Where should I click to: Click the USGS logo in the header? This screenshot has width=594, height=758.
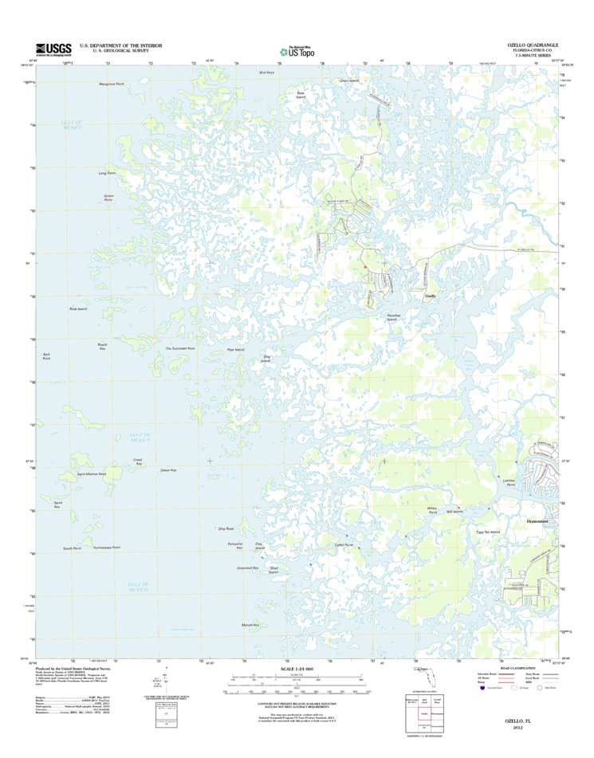pos(53,49)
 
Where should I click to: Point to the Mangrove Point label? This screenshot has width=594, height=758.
pos(112,84)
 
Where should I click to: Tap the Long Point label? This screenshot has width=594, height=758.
pos(106,173)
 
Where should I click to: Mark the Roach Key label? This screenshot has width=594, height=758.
pos(102,347)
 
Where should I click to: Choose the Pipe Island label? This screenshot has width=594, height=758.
pos(235,351)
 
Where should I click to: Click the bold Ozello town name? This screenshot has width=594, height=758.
pos(430,296)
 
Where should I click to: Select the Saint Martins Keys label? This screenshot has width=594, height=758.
pos(91,474)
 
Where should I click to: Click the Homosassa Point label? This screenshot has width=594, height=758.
pos(106,548)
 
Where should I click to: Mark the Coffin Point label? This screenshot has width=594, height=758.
pos(344,544)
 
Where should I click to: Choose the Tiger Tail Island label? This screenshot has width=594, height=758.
pos(487,532)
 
